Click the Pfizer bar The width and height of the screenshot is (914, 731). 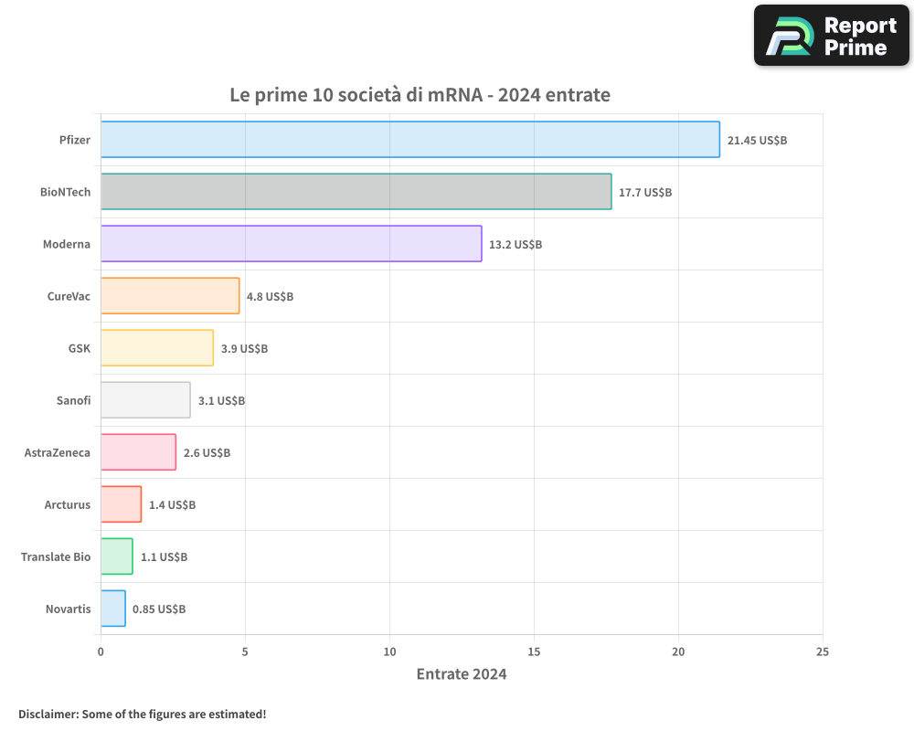[x=409, y=140]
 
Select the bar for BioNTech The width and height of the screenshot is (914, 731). [x=356, y=192]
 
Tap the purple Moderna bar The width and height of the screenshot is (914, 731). [x=291, y=244]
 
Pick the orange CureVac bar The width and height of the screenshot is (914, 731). [x=170, y=296]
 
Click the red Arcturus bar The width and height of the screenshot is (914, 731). [x=121, y=504]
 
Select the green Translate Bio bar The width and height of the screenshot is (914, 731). [x=116, y=556]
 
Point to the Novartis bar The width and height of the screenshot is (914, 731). [x=112, y=609]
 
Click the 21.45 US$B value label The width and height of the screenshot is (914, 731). [x=757, y=141]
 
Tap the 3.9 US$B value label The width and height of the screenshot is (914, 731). [x=244, y=349]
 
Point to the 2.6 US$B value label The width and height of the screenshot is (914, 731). [x=207, y=453]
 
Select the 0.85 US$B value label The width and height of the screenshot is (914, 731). [x=159, y=609]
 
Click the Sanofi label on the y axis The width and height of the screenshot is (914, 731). [x=73, y=400]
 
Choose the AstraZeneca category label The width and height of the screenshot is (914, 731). [x=58, y=452]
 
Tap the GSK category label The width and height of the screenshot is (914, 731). [x=80, y=348]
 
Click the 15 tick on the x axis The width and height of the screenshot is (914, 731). [x=534, y=652]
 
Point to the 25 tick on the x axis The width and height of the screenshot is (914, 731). [x=823, y=652]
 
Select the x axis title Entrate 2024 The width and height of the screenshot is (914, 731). [x=461, y=674]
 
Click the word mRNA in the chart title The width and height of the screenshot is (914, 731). [x=454, y=94]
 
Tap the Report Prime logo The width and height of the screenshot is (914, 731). [x=831, y=36]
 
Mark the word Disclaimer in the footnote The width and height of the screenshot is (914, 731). [x=47, y=714]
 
